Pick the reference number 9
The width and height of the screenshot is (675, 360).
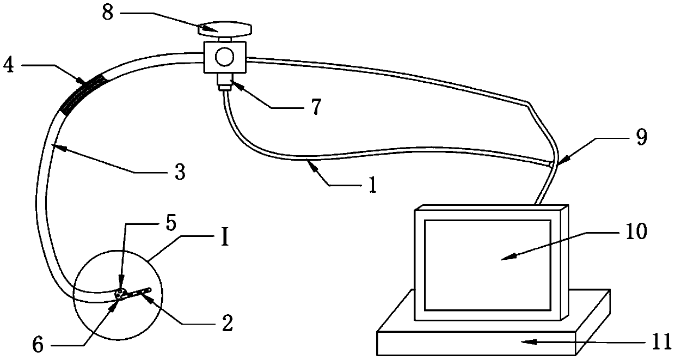pos(642,138)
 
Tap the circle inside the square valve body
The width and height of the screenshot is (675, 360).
pos(224,56)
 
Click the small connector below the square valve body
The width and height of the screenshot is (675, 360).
pos(224,84)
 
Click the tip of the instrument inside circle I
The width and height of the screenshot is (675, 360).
pos(149,289)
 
